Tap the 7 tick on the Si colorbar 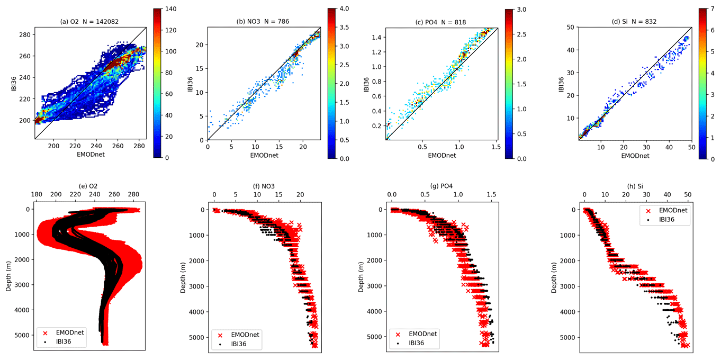pos(713,9)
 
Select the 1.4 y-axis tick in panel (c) pos(376,37)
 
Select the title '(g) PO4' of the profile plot pos(441,186)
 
